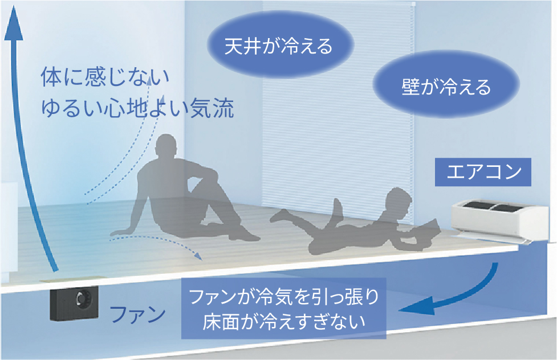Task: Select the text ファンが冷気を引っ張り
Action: (283, 297)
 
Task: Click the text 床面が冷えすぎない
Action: (283, 322)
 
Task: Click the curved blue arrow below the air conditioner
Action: (450, 299)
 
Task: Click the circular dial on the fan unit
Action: (82, 298)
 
